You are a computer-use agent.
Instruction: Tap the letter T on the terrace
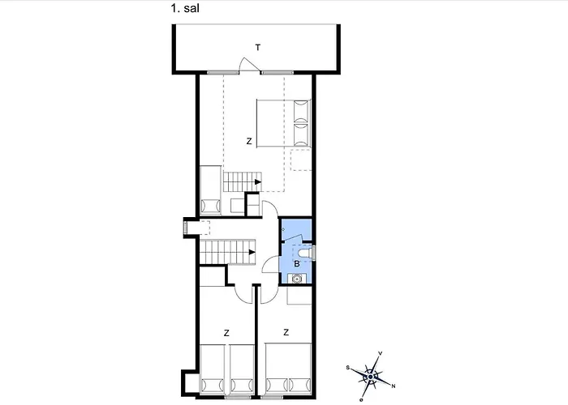click(x=257, y=48)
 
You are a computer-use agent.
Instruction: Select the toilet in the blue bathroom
click(x=311, y=252)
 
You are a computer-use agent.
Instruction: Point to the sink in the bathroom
click(x=298, y=279)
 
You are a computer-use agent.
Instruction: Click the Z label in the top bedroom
click(x=249, y=141)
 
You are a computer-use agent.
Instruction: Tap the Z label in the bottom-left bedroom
click(x=226, y=332)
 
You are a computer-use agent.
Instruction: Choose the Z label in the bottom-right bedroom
click(x=286, y=332)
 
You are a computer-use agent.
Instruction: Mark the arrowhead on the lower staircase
click(x=253, y=253)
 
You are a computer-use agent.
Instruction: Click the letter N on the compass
click(x=394, y=386)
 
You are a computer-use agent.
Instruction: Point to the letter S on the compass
click(x=348, y=367)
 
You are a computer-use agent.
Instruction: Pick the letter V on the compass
click(x=380, y=353)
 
